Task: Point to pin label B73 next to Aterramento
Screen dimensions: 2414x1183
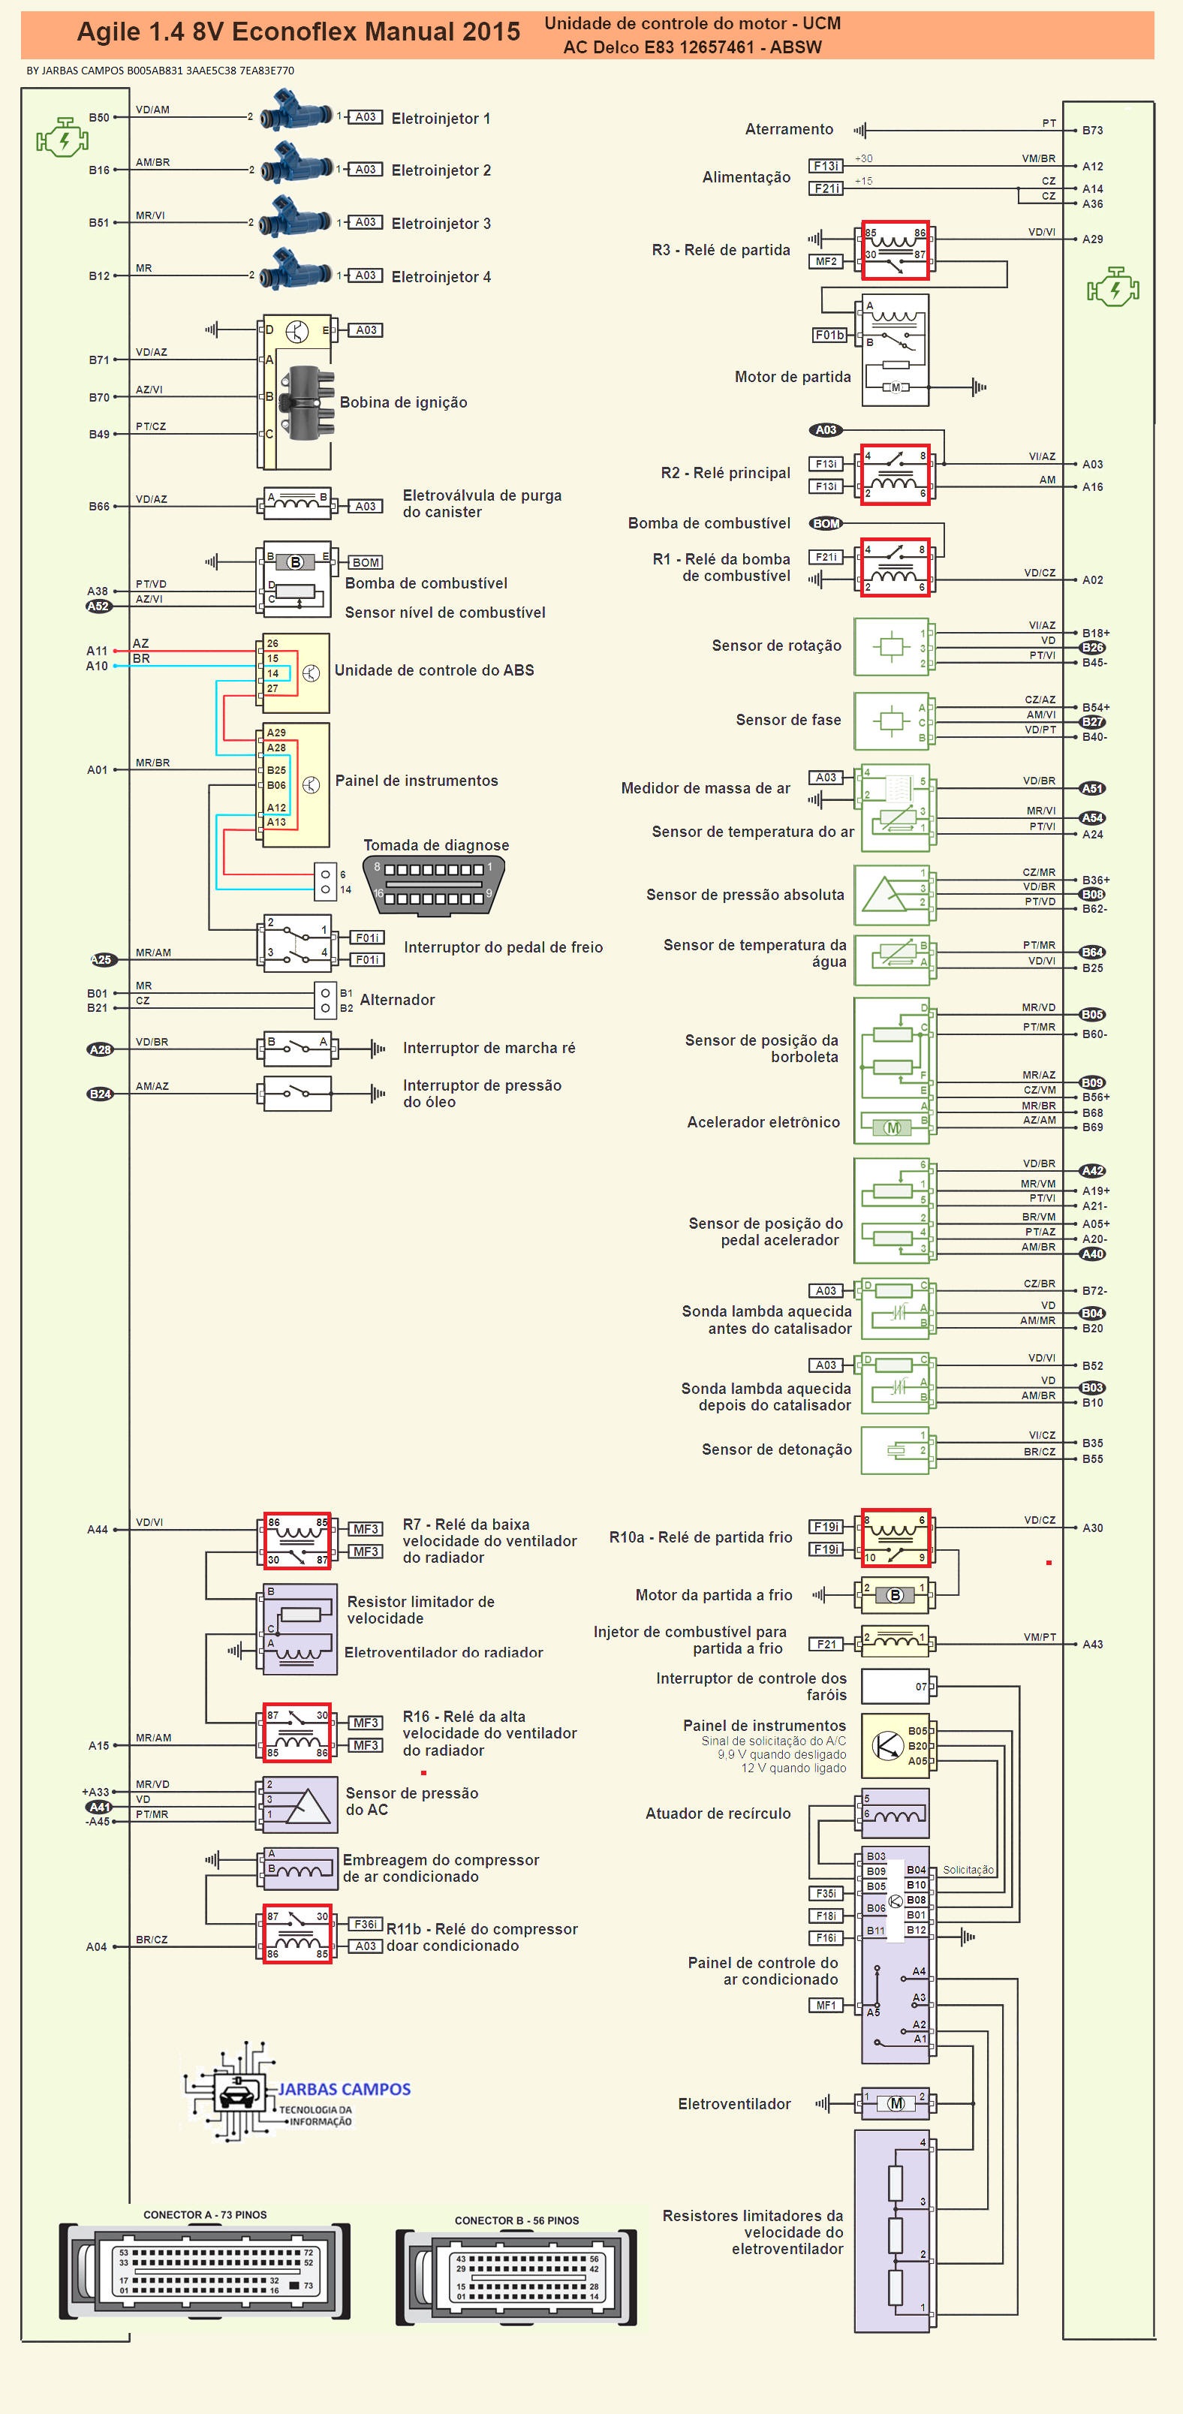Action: [1092, 131]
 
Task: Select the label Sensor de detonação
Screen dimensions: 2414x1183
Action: [776, 1449]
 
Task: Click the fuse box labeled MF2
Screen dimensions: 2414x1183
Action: [826, 261]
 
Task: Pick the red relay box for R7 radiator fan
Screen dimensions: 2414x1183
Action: [297, 1540]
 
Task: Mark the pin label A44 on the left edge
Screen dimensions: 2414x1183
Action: [98, 1529]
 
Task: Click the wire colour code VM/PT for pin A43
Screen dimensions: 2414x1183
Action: [1040, 1637]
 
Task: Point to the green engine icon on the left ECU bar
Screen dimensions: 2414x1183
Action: [62, 139]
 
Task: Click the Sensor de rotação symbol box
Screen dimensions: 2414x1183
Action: [890, 646]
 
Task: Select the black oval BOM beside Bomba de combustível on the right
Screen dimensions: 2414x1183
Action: [826, 524]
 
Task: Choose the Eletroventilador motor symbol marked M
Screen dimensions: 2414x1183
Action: [896, 2104]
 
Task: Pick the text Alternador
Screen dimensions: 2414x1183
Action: [397, 1000]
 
